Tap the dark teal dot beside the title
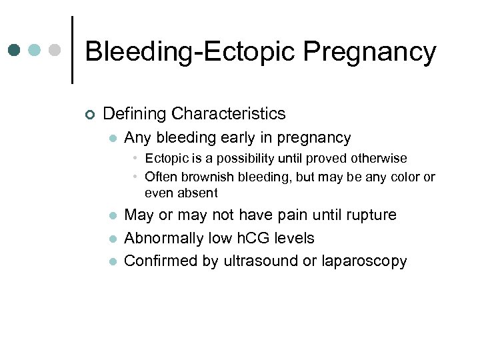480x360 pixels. [x=15, y=50]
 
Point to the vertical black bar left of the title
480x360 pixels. [x=71, y=50]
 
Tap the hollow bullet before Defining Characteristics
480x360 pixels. [x=90, y=115]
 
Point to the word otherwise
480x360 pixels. [x=378, y=159]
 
